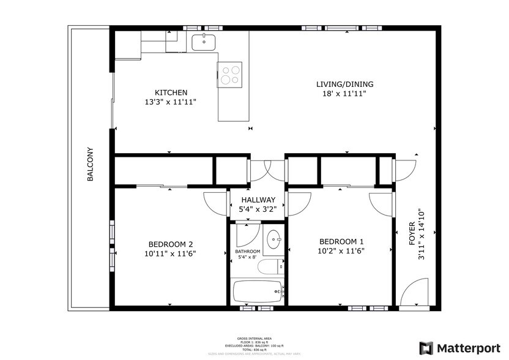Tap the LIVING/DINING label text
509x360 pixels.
[344, 84]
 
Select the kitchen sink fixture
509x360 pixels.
[202, 42]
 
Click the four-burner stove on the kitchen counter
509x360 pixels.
[230, 75]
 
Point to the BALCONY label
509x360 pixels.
[90, 164]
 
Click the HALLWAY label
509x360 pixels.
[258, 200]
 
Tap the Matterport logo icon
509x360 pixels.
[426, 347]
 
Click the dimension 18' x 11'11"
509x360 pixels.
[344, 95]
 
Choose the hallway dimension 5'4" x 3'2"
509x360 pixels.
[258, 210]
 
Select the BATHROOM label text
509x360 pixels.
[248, 252]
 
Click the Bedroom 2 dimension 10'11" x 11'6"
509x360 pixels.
[169, 253]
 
